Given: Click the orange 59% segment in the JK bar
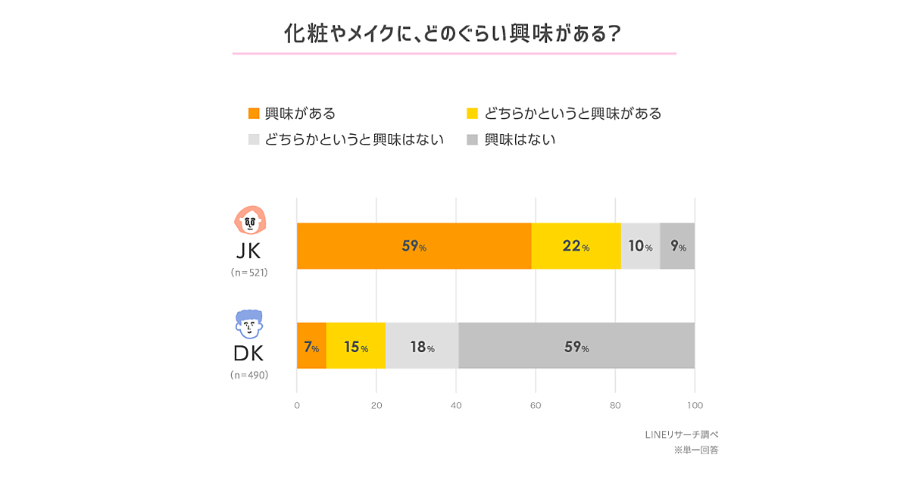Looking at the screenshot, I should (x=414, y=246).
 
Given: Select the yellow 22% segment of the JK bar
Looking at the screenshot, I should (x=576, y=246).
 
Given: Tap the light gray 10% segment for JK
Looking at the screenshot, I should (x=640, y=246).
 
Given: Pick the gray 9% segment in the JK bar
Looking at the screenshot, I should (x=677, y=246).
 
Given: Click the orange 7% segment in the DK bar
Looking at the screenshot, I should (x=311, y=346).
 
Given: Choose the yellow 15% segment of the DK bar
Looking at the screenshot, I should (x=356, y=346).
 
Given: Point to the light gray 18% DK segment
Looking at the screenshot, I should (x=422, y=346).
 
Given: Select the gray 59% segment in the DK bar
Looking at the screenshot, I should (x=576, y=346).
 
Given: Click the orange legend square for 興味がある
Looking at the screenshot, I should (x=255, y=114).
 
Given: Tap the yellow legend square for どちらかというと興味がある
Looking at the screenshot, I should (x=472, y=114).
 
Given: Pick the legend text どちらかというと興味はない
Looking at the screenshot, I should (x=355, y=140).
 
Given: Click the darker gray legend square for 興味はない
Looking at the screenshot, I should (x=472, y=140).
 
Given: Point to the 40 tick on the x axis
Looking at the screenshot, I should (x=456, y=405).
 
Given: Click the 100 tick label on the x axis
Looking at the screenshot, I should (x=695, y=405).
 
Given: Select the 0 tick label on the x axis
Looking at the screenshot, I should (x=297, y=405).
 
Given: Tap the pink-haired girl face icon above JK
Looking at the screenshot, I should (x=249, y=220).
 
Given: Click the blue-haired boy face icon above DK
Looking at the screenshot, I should (x=249, y=324).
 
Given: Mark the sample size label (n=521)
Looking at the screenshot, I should (x=249, y=273).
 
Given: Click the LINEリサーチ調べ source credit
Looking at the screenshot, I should (x=676, y=435).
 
